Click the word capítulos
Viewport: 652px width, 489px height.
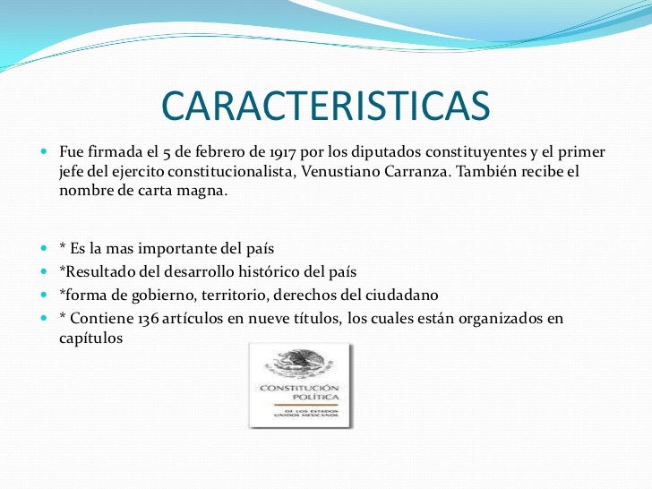[x=90, y=339]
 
